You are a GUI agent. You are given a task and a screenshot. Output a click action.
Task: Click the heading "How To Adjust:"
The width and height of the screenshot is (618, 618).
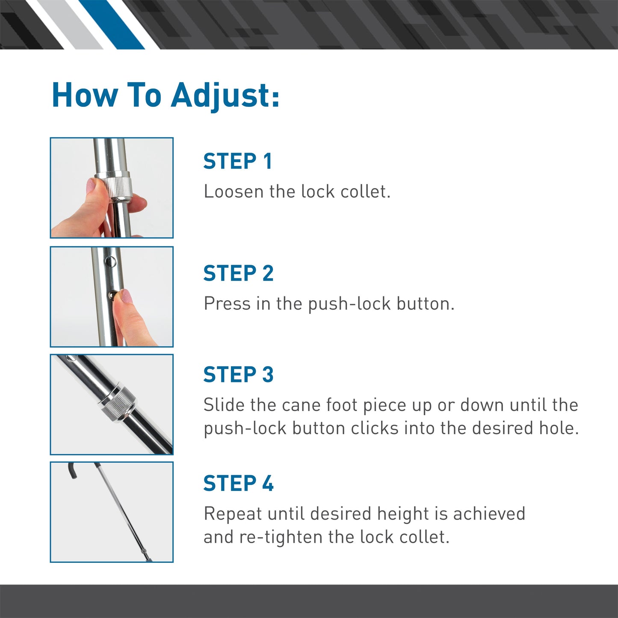click(166, 95)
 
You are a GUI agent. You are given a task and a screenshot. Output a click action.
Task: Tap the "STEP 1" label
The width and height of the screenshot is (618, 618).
click(237, 162)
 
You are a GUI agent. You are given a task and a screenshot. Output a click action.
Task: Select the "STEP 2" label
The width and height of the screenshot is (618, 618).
click(238, 274)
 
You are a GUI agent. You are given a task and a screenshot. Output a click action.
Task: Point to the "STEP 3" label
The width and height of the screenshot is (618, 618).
click(238, 375)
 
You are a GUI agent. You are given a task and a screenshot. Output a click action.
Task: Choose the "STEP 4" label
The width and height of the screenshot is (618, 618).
click(238, 484)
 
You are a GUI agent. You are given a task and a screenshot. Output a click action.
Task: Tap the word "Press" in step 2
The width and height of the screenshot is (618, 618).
click(227, 304)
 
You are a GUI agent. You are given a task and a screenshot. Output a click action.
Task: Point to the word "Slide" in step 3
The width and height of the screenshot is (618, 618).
click(224, 405)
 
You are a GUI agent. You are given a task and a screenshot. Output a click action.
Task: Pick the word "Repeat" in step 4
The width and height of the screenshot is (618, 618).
click(233, 514)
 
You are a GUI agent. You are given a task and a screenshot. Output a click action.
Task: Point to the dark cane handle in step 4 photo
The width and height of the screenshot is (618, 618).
click(72, 470)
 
